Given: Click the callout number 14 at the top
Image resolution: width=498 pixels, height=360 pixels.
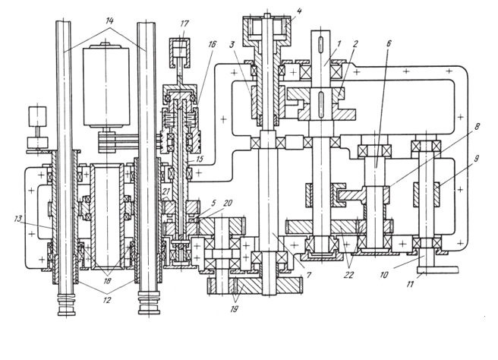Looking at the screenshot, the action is click(109, 21).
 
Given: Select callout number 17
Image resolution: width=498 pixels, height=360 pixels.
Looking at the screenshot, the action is click(184, 24).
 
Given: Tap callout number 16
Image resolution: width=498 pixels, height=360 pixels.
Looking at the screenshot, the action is click(212, 44).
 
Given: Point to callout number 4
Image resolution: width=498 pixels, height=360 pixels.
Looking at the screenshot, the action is click(299, 11).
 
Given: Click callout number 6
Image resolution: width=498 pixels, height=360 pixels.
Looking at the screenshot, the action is click(389, 43).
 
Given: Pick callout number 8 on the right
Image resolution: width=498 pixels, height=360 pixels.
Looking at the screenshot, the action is click(477, 127).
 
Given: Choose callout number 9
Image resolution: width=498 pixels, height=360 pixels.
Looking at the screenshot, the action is click(477, 158).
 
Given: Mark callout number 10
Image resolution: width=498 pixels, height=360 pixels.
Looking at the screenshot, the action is click(384, 274).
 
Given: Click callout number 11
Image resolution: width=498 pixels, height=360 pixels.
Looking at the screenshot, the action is click(410, 284).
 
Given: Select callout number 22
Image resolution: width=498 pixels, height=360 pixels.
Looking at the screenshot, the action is click(348, 274).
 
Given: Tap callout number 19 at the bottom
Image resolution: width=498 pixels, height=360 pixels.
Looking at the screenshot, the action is click(234, 309).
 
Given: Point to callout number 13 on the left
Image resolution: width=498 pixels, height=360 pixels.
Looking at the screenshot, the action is click(17, 219).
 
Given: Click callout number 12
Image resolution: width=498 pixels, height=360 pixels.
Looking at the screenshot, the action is click(107, 300).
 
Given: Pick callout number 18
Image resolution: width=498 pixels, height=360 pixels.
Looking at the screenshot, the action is click(107, 281).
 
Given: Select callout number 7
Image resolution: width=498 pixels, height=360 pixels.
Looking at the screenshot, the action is click(307, 274).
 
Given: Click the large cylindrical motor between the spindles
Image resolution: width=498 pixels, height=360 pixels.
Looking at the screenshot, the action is click(106, 87).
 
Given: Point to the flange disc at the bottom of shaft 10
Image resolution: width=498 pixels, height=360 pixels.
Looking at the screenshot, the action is click(437, 270).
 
